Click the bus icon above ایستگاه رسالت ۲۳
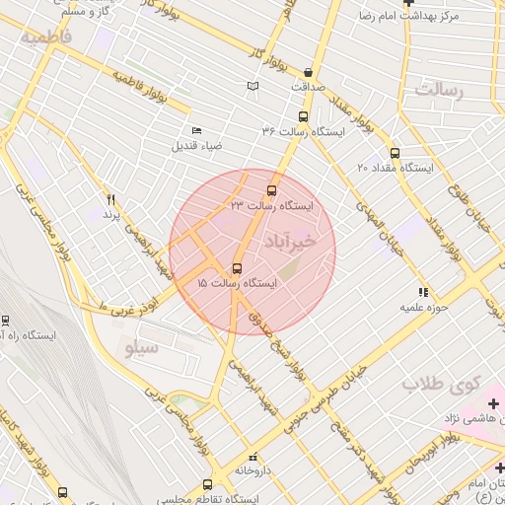272,190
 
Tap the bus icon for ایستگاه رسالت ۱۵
237,268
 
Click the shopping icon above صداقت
310,72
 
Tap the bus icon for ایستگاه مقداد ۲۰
395,153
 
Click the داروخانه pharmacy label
253,470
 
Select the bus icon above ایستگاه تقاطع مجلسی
207,485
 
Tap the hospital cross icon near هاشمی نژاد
493,402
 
